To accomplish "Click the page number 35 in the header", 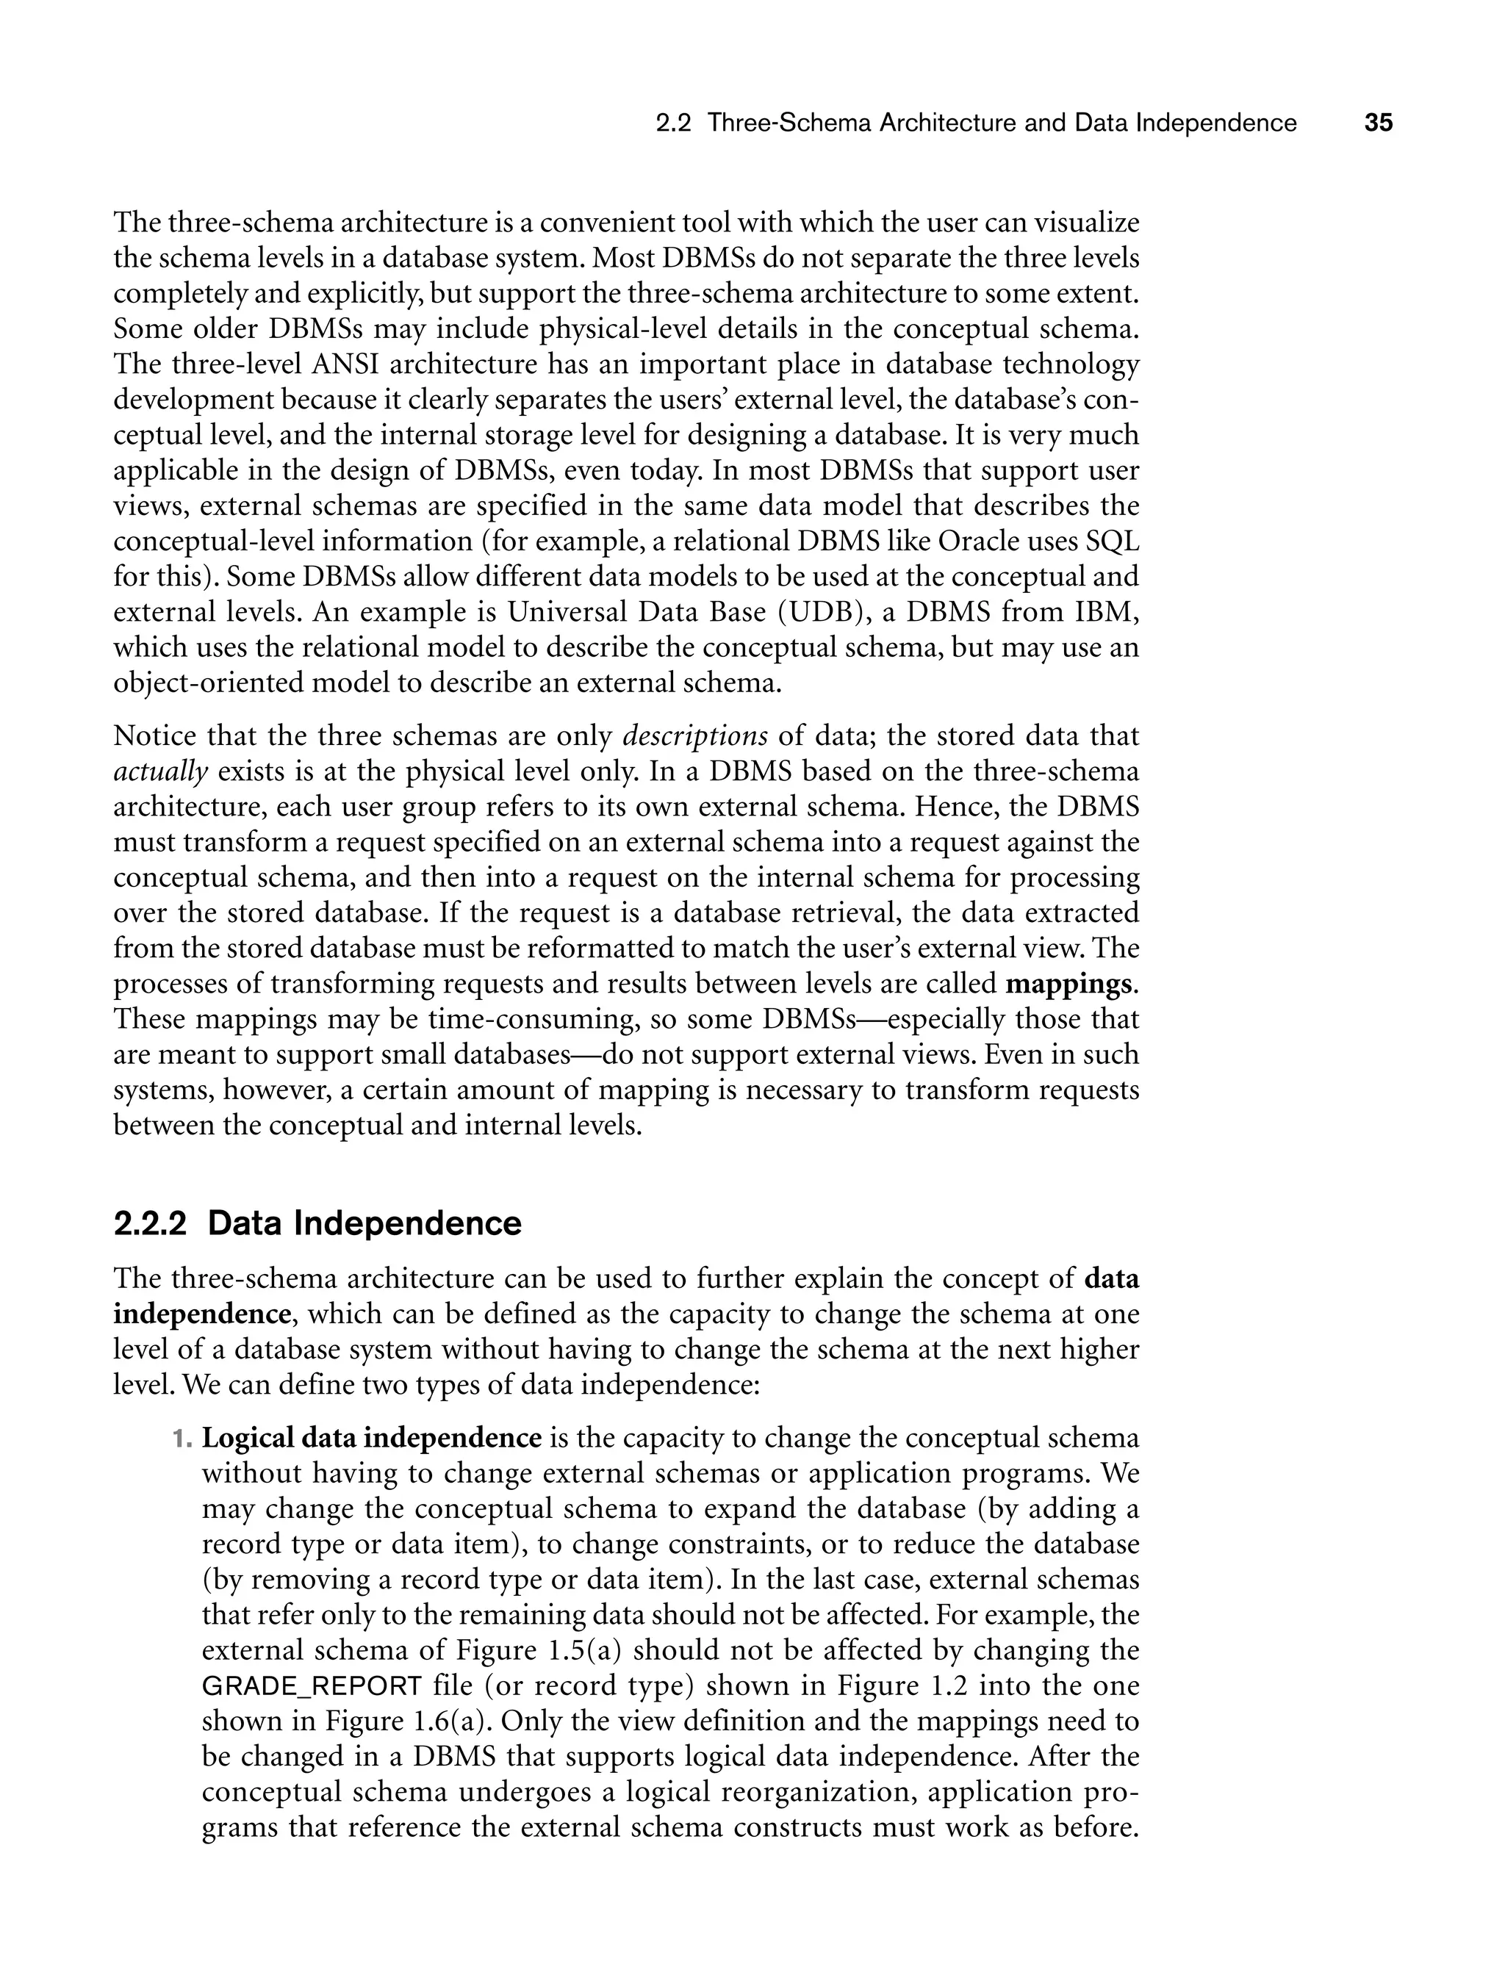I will click(x=1378, y=123).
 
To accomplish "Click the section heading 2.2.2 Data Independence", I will click(x=317, y=1223).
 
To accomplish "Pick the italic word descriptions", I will click(x=694, y=736).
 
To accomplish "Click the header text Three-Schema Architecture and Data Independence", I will click(x=1002, y=123).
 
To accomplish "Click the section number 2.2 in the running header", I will click(x=674, y=123).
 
